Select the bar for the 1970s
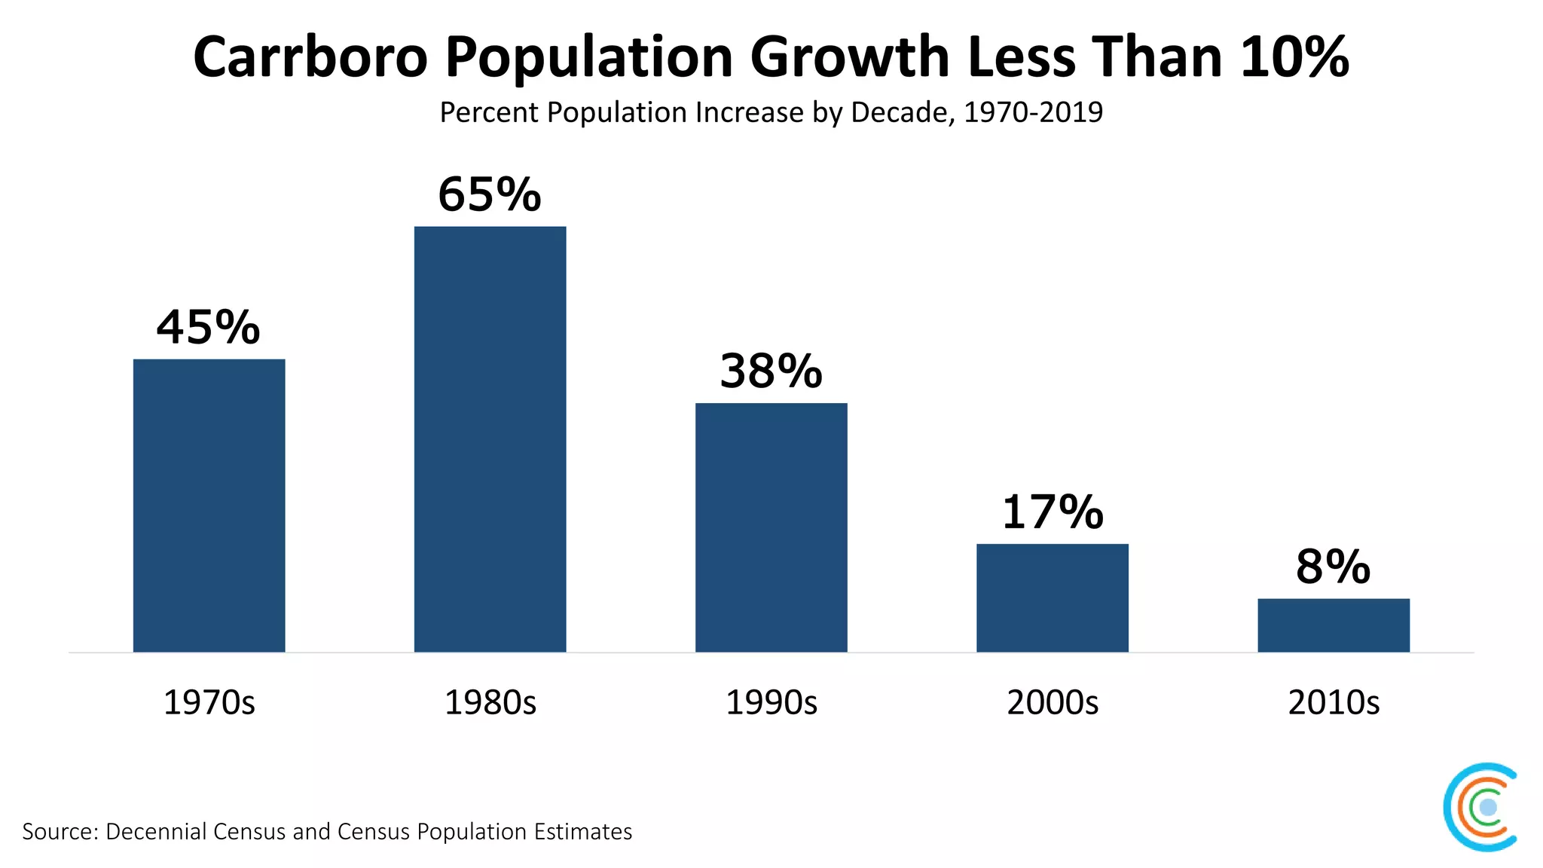click(209, 505)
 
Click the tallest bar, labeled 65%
click(490, 439)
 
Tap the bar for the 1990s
click(771, 527)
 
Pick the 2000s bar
click(1053, 598)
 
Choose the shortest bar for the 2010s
click(1334, 625)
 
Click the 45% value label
click(209, 328)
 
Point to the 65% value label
click(490, 194)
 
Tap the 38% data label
click(771, 371)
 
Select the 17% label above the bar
click(1053, 512)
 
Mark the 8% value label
click(1333, 567)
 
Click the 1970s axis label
click(209, 702)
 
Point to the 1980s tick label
click(490, 702)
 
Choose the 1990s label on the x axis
click(771, 702)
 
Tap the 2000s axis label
click(1053, 702)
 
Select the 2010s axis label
click(1334, 702)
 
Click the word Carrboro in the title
click(310, 57)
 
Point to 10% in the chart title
click(1294, 57)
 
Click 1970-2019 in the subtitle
click(1033, 112)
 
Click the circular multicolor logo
click(1481, 807)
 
